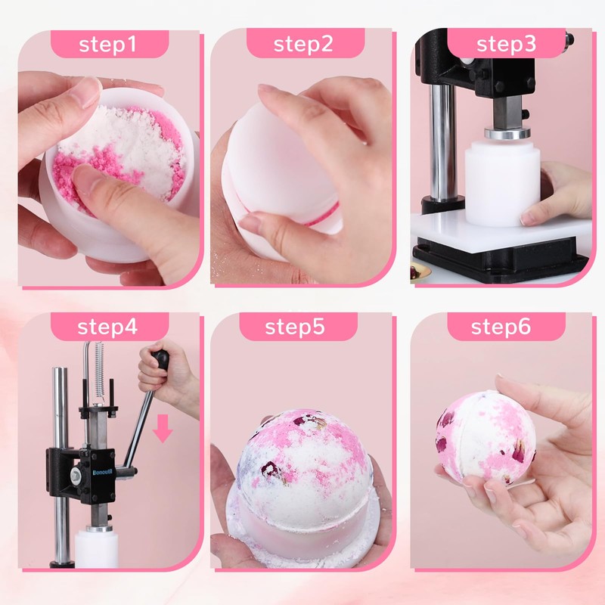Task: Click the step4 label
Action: coord(110,327)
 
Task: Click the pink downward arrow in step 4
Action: coord(163,428)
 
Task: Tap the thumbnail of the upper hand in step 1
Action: coord(89,92)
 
